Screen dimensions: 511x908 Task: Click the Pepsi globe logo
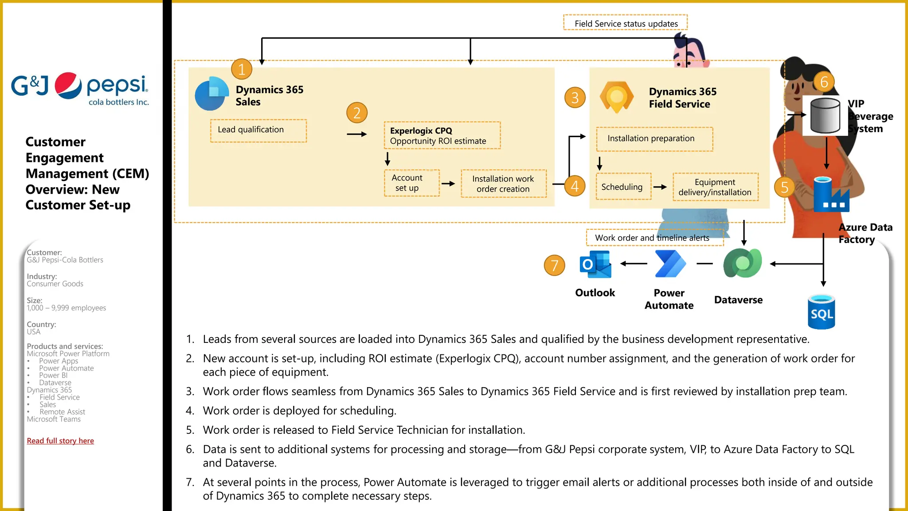(x=68, y=85)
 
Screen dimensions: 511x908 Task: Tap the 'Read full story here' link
(x=60, y=440)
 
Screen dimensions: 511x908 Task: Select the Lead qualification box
(x=258, y=130)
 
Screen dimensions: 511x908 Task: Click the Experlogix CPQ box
(x=442, y=135)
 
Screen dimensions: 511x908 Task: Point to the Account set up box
(x=411, y=183)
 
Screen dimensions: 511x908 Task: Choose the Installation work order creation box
(x=503, y=184)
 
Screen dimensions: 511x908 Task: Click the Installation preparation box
(x=654, y=139)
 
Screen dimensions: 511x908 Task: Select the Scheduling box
(x=623, y=187)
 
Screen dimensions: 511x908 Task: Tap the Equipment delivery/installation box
(x=715, y=187)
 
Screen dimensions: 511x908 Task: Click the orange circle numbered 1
(x=242, y=69)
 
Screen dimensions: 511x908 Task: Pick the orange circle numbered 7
(x=554, y=265)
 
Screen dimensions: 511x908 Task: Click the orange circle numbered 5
(x=784, y=187)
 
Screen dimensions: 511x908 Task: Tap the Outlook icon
(x=595, y=264)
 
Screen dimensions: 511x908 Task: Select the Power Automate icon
(x=670, y=264)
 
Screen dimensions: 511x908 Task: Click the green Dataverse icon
(x=742, y=263)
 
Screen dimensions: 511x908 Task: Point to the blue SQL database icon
(x=821, y=312)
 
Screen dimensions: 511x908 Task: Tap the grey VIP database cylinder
(x=825, y=116)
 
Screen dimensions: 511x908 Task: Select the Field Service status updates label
(x=626, y=23)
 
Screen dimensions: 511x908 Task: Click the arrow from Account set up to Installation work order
(x=448, y=184)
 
